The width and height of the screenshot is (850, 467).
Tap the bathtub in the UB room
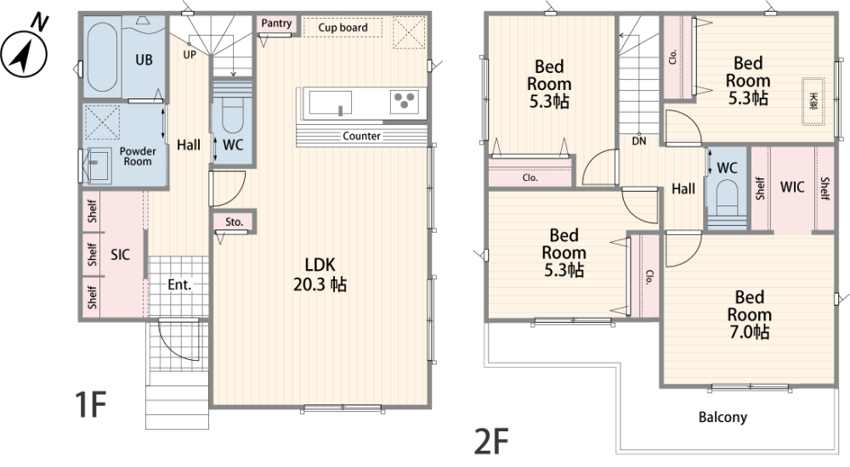click(x=101, y=56)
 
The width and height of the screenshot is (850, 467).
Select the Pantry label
click(x=276, y=23)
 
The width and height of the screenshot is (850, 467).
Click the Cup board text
click(x=343, y=27)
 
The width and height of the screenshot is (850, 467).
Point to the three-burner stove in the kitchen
click(x=405, y=101)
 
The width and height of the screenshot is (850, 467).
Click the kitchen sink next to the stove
click(x=330, y=103)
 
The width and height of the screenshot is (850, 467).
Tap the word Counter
click(x=361, y=136)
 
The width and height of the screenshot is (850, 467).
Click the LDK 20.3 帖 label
click(x=320, y=274)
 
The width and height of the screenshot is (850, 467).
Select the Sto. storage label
click(x=235, y=222)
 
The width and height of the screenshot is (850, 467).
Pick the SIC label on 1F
click(x=121, y=254)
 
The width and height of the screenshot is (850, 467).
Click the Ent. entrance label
click(x=179, y=284)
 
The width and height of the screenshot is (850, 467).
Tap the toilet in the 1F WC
click(x=233, y=115)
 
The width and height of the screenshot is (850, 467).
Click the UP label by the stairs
click(x=190, y=54)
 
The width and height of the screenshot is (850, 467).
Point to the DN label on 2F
click(x=639, y=142)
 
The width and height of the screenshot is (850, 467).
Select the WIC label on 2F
click(x=792, y=187)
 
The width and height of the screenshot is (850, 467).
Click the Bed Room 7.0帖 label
click(x=749, y=314)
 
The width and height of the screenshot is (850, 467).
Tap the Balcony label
click(x=722, y=417)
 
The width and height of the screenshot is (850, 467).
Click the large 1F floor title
click(x=90, y=404)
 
